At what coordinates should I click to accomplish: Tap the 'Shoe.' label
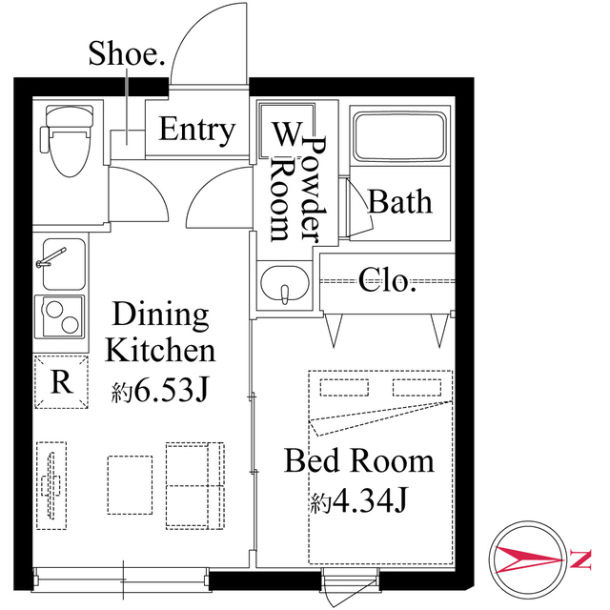coord(127,54)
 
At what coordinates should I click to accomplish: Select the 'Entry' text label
coord(197,130)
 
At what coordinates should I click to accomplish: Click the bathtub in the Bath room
coord(398,138)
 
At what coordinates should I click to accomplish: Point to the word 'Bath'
coord(399,202)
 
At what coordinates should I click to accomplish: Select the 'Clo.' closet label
coord(388,280)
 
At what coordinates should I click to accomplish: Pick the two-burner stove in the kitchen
coord(61,315)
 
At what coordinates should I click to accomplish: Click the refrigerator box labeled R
coord(61,382)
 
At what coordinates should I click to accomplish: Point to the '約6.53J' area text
coord(160,390)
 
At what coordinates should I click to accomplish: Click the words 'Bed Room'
coord(359,462)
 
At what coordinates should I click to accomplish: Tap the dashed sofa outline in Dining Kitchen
coord(195,483)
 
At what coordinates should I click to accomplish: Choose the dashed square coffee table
coord(129,483)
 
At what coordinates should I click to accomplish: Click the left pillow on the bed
coord(337,387)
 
